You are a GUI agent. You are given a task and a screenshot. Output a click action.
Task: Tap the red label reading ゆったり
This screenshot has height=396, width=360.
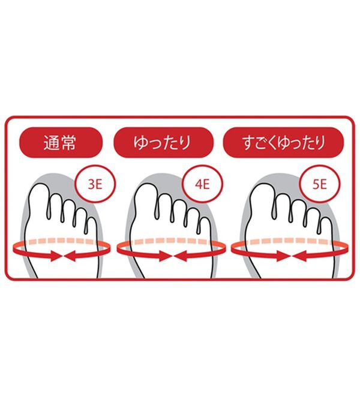coord(164,145)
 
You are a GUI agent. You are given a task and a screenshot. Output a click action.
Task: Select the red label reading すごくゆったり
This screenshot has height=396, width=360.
coord(283,145)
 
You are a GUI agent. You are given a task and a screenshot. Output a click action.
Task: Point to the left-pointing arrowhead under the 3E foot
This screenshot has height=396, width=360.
coord(70,256)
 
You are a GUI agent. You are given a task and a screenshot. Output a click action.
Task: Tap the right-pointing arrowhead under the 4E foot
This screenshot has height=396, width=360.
coord(164,256)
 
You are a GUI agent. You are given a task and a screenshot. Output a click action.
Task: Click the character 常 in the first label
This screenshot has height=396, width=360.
coord(73,145)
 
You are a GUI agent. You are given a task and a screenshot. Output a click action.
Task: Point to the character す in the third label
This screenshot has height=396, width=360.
coord(242,145)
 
